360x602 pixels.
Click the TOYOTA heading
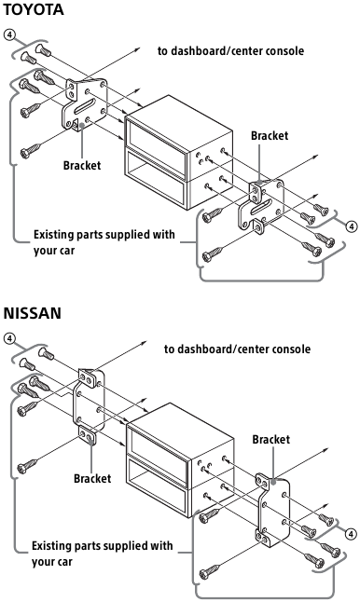[35, 10]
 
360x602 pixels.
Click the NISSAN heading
[33, 313]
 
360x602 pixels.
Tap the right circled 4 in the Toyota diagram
[350, 226]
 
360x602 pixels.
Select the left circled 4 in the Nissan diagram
[9, 338]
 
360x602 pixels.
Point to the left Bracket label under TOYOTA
[81, 167]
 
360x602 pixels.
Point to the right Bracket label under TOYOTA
[270, 135]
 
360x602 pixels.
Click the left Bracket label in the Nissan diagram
[92, 478]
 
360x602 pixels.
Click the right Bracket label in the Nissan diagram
[271, 438]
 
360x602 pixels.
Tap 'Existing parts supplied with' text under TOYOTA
[103, 234]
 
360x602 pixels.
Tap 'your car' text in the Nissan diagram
[57, 562]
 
